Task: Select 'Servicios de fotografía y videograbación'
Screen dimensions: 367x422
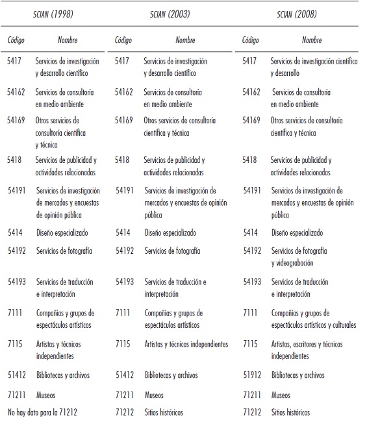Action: (299, 256)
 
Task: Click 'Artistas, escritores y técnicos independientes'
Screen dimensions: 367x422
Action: (307, 350)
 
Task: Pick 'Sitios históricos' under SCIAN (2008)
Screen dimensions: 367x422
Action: (290, 412)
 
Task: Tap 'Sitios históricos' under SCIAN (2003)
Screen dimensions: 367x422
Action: (164, 412)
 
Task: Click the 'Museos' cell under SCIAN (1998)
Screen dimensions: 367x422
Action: (46, 393)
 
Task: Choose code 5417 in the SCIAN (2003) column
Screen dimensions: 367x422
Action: (122, 62)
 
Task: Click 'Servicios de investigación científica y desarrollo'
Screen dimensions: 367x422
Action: (314, 68)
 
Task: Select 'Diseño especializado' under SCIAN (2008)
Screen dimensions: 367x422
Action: (296, 232)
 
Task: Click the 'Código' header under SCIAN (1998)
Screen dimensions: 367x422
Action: (16, 40)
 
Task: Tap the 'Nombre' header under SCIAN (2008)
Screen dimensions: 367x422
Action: (312, 40)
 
